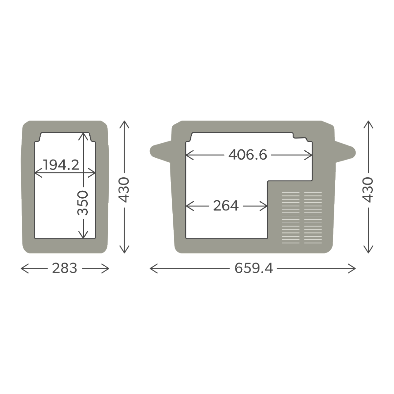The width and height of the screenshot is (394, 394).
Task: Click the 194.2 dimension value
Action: coord(61,164)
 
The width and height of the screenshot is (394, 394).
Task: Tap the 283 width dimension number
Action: coord(64,269)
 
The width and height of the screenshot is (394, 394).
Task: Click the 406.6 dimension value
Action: coord(248,155)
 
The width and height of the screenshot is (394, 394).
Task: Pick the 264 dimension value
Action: coord(226,206)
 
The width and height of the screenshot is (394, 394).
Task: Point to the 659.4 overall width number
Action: coord(253,269)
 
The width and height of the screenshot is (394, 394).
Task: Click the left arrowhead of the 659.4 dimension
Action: coord(152,269)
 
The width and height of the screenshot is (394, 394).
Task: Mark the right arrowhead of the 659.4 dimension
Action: coord(354,269)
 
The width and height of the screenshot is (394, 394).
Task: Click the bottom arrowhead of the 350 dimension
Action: coord(84,235)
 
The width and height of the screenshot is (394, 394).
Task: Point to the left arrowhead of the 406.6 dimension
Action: coord(188,155)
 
